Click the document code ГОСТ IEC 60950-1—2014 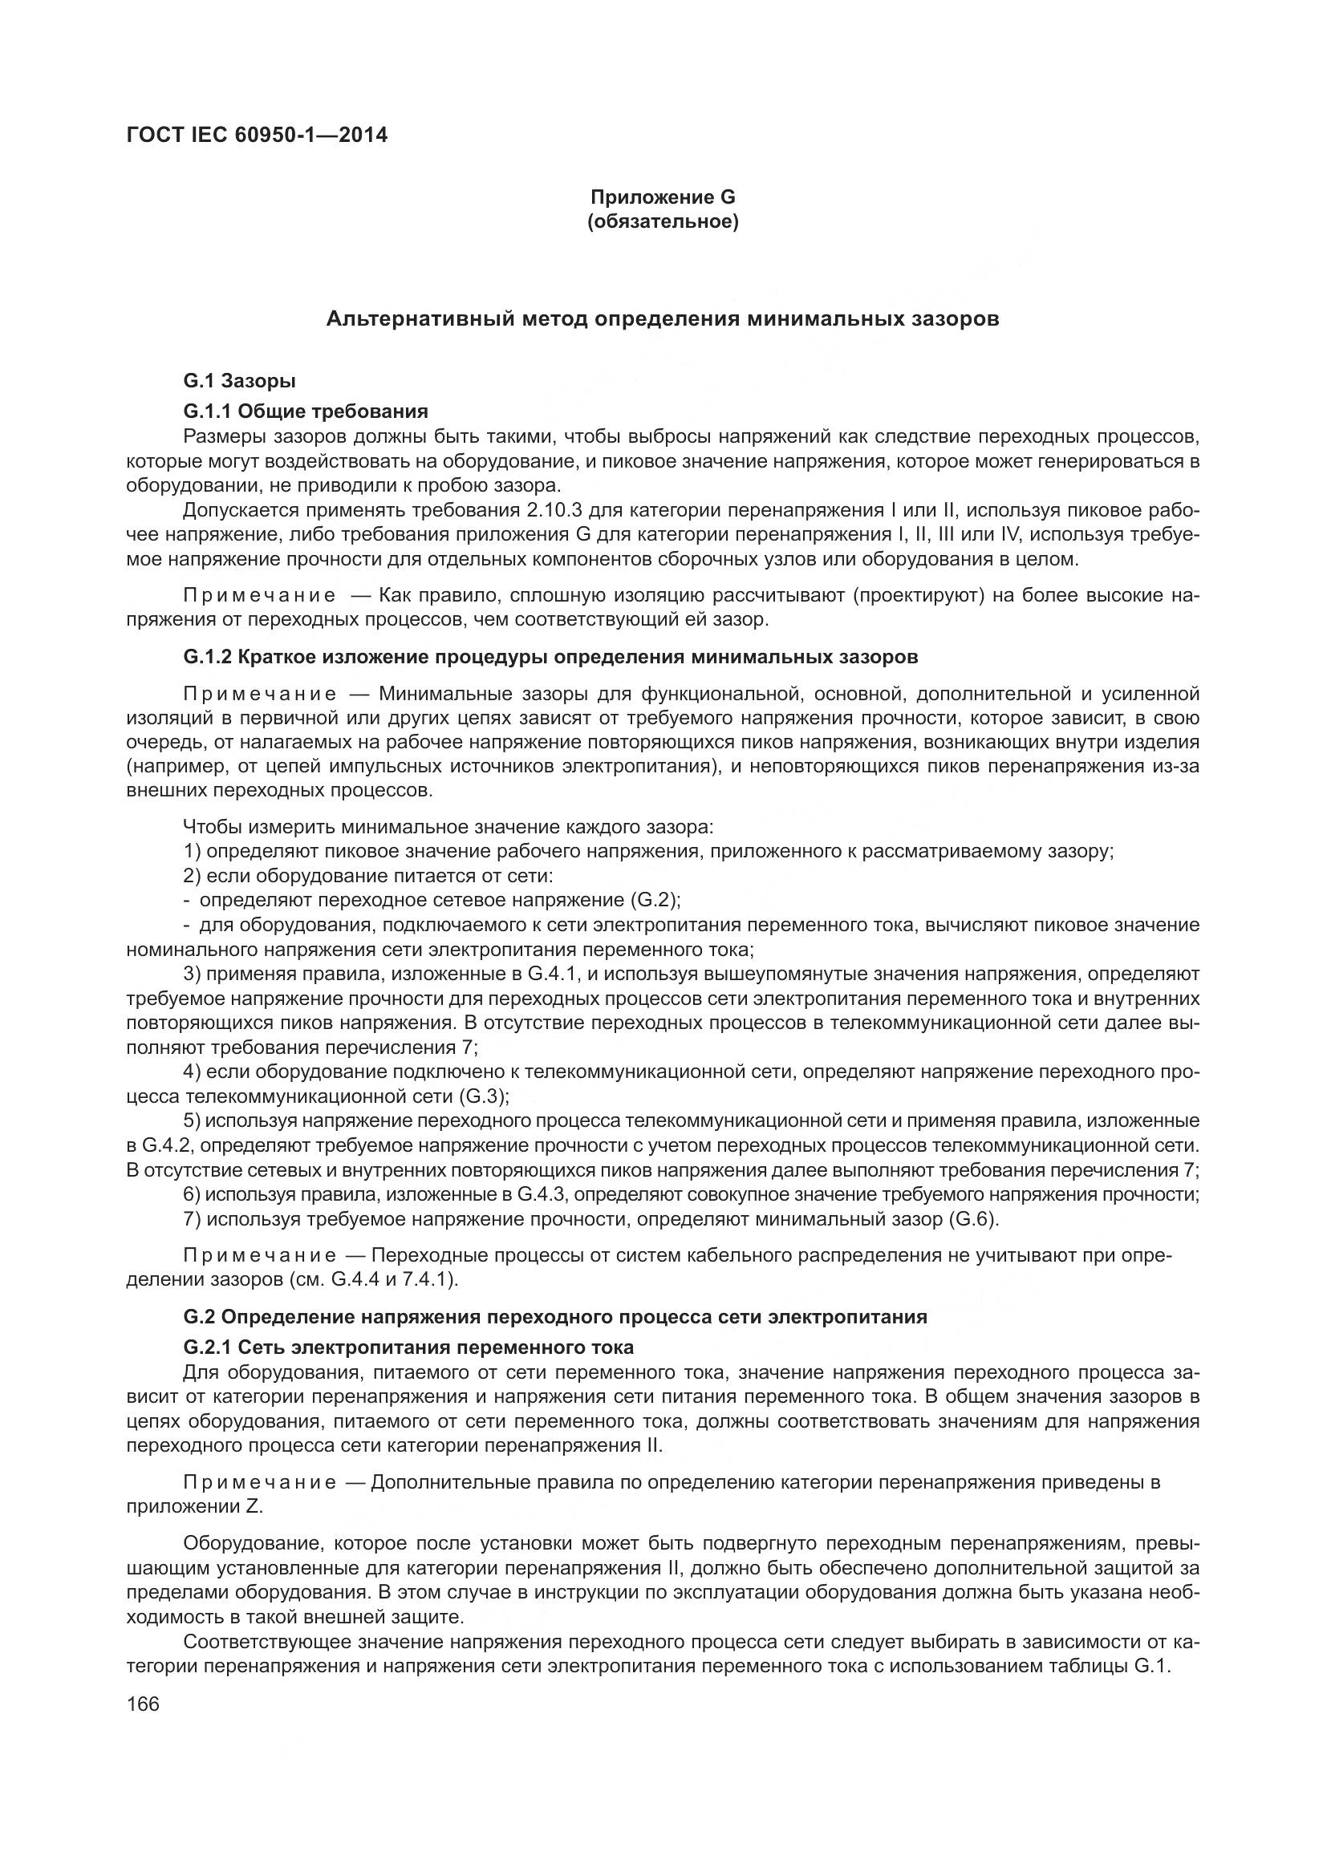coord(257,135)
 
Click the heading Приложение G coord(663,197)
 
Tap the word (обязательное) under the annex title coord(663,222)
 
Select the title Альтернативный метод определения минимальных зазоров coord(663,319)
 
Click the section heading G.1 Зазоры coord(239,381)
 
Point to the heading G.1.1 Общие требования coord(306,410)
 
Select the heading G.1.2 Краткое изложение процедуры coord(550,657)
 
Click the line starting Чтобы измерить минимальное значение coord(448,827)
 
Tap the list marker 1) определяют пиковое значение coord(193,852)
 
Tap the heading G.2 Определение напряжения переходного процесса coord(556,1317)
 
